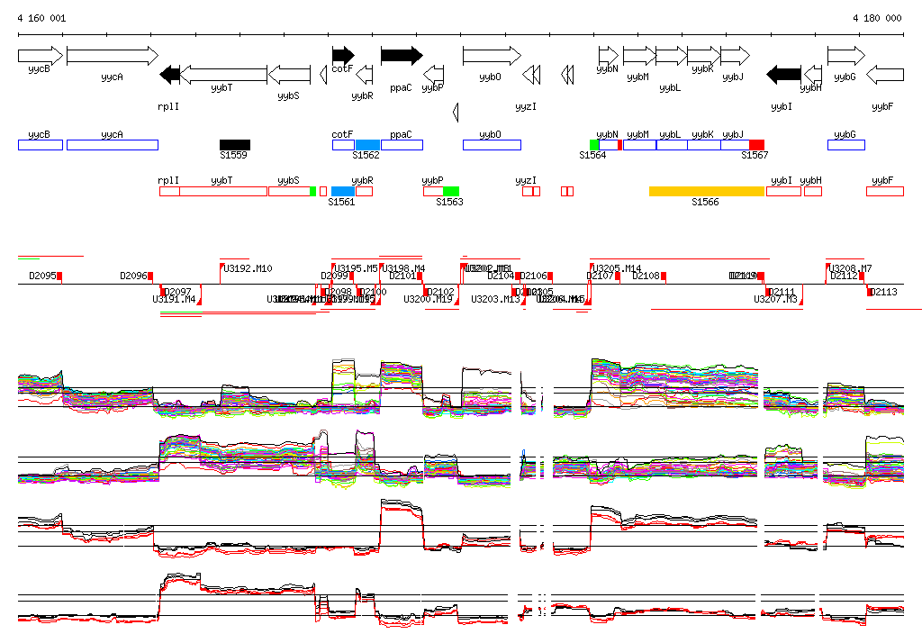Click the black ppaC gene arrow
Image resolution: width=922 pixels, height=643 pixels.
pos(401,55)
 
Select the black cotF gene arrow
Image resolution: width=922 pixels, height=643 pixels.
pos(343,55)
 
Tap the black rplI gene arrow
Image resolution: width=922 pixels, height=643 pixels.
pos(169,74)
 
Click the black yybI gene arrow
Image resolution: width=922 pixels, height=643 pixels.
pos(783,74)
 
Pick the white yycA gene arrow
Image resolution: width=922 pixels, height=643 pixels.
pos(112,55)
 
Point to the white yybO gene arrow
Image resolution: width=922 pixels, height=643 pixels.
pos(492,55)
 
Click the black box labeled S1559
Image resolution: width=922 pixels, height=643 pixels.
pos(235,144)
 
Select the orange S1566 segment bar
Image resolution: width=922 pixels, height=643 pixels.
pos(707,191)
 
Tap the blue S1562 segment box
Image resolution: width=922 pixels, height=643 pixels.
pos(367,144)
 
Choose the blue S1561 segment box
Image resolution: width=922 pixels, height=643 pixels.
pos(343,191)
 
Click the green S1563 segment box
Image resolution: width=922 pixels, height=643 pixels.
pos(451,191)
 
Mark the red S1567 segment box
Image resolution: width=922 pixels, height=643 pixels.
pos(756,144)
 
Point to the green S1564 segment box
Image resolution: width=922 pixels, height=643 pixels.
pos(594,144)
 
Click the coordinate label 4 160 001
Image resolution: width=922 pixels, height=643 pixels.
pos(41,18)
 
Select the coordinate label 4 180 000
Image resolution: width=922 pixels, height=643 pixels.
pos(877,18)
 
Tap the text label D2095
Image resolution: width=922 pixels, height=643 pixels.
pos(42,276)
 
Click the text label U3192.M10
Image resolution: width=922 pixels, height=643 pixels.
pos(248,268)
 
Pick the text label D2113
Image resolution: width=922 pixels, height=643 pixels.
pos(886,292)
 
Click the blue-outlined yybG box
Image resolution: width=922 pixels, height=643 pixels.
pos(845,144)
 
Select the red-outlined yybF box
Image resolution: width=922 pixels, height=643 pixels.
pos(884,191)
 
